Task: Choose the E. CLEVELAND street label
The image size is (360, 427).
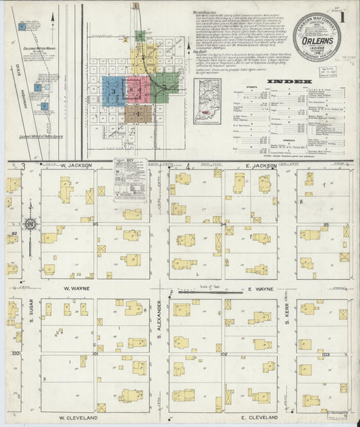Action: pos(264,418)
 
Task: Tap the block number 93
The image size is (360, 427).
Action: pos(96,224)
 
